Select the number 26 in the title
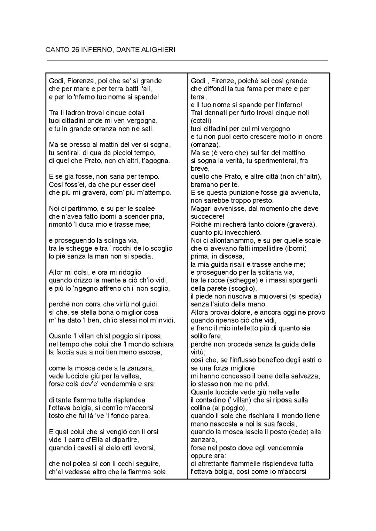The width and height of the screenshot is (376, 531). click(75, 50)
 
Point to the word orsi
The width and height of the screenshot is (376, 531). click(151, 432)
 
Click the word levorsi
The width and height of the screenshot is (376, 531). click(143, 448)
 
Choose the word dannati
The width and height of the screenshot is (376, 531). click(213, 113)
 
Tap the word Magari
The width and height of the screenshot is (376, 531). click(201, 209)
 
